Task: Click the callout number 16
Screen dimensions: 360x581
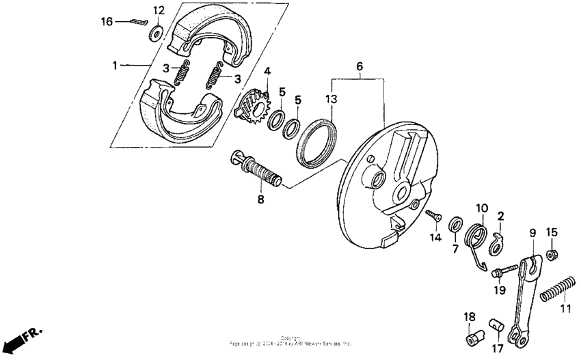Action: (x=107, y=22)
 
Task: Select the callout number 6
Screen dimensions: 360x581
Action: (x=359, y=66)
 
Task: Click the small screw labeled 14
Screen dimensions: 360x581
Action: (x=432, y=216)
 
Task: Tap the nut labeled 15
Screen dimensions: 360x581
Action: (x=554, y=254)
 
